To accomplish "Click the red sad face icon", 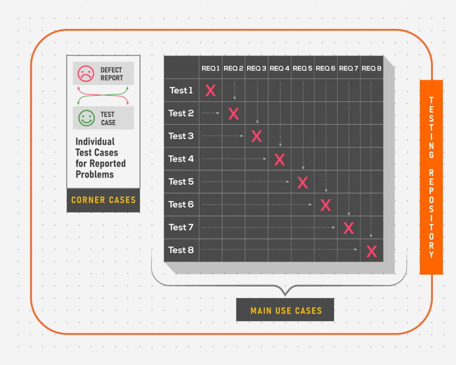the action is (x=86, y=74).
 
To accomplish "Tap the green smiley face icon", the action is (x=86, y=118).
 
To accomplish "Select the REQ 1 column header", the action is (x=211, y=68).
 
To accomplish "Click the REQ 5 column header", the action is (x=302, y=68).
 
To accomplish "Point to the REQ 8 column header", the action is (x=371, y=68).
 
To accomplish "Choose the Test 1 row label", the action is (x=181, y=90).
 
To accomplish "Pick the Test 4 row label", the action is (x=181, y=159).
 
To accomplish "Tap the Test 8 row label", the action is (x=181, y=250).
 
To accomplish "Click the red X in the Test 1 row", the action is (x=211, y=90).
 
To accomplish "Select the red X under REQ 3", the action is (x=256, y=136).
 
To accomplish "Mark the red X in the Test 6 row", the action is (x=326, y=205).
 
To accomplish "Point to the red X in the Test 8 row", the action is (x=372, y=251).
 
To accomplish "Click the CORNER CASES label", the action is (x=103, y=200).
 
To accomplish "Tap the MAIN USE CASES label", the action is (x=286, y=311).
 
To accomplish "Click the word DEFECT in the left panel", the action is (x=111, y=70).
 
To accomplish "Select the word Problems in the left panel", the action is (x=95, y=174).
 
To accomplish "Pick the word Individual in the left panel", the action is (x=95, y=141).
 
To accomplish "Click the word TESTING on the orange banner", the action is (x=432, y=128).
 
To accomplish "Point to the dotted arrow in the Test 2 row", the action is (x=210, y=113).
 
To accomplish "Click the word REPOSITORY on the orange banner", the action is (x=432, y=213).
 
